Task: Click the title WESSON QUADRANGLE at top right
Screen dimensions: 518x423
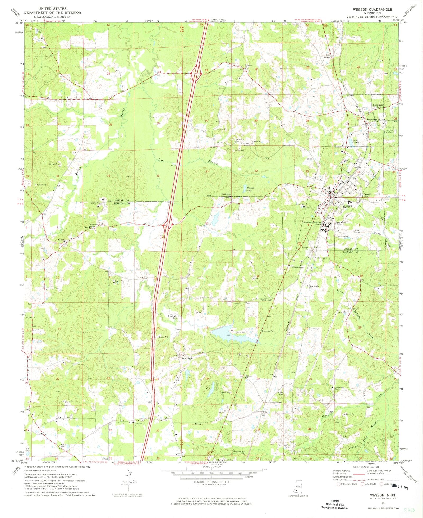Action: click(372, 9)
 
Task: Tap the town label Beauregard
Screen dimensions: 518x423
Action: click(374, 119)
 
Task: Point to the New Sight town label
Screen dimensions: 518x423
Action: click(187, 358)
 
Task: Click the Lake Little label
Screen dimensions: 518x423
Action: click(356, 141)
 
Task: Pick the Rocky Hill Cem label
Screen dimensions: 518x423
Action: click(240, 140)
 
